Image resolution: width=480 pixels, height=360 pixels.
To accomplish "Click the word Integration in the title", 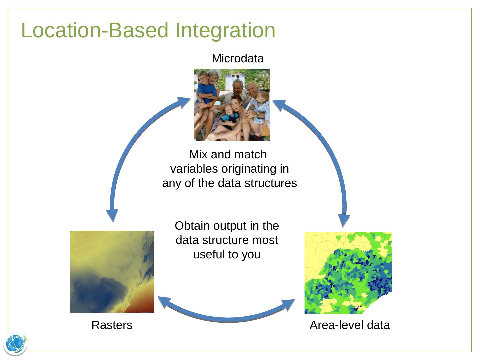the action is tap(225, 31).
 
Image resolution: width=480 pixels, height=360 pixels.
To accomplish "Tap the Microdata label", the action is tap(238, 58).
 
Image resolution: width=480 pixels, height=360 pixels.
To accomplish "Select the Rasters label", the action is tap(112, 325).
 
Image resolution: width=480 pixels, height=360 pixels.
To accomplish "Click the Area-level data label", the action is tap(350, 325).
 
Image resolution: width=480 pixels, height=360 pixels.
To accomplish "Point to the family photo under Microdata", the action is tap(232, 105).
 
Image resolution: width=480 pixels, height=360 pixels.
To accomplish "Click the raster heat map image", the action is tap(112, 271).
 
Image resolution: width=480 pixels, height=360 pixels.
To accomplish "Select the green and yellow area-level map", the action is tap(348, 273).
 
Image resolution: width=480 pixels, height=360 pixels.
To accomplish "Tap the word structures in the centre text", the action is tap(271, 183).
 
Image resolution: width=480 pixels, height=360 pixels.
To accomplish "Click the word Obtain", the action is tap(192, 226).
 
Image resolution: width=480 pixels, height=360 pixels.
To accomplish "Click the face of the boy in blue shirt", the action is tap(203, 77).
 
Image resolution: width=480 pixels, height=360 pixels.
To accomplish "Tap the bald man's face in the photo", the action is tap(252, 90).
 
